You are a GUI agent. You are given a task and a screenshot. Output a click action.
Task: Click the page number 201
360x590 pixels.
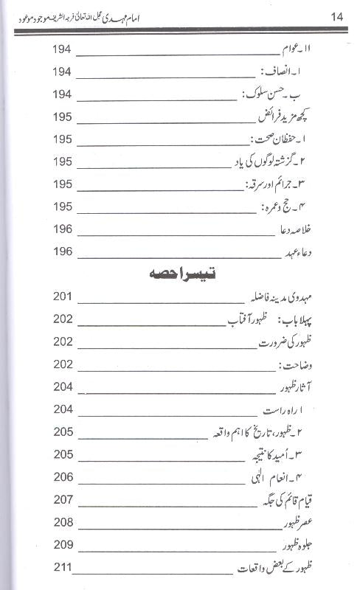pos(63,297)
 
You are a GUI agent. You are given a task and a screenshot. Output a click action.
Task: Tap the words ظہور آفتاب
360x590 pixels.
pos(244,320)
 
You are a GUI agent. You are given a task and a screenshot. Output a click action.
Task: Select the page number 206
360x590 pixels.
pos(63,477)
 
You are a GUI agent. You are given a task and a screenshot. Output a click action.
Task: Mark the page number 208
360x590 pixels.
pos(63,523)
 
